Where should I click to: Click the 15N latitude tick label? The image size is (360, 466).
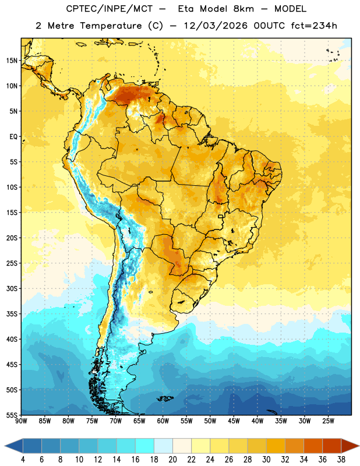point(11,61)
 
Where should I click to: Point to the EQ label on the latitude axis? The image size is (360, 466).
point(13,137)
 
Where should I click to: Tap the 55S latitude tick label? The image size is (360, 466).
point(11,415)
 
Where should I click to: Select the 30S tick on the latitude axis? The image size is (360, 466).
point(11,288)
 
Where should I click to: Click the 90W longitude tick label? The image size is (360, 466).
point(21,421)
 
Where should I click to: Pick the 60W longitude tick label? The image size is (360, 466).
point(163,421)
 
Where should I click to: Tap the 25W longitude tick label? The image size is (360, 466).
point(328,421)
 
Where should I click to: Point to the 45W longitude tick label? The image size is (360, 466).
point(234,421)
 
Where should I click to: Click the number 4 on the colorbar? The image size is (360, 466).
point(23,460)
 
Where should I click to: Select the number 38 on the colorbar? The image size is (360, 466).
point(341,460)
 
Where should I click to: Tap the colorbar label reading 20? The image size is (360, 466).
point(172,460)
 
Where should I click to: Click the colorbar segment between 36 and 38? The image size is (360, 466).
point(332,447)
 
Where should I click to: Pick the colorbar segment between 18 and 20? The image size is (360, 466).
point(164,447)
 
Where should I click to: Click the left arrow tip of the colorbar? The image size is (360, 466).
point(5,447)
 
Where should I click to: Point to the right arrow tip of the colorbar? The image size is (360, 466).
point(359,447)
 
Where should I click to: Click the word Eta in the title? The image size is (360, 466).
point(186,9)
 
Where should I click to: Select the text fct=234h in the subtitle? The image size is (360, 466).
point(314,26)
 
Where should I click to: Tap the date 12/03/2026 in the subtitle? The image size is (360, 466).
point(216,26)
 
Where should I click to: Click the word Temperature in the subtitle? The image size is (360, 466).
point(111,26)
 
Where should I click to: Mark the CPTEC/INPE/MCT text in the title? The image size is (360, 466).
point(110,9)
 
